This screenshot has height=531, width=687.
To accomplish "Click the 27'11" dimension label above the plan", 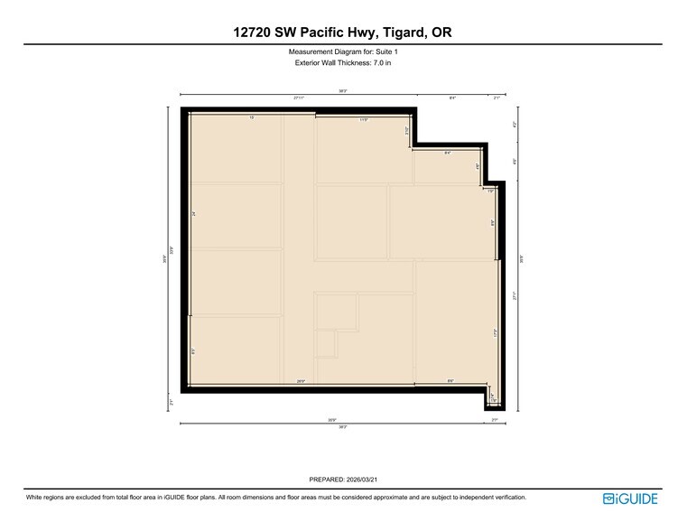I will pos(298,98).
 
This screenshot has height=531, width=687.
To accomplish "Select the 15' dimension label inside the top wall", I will pos(252,118).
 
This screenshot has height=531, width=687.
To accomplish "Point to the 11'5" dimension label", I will pos(364,118).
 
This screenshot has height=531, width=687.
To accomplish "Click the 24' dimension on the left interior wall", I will pos(193,214).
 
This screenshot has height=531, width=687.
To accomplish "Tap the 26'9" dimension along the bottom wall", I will pos(301,382).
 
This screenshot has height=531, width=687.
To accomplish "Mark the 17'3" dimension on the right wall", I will pos(496,332).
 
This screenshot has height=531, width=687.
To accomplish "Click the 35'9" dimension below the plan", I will pos(332,419).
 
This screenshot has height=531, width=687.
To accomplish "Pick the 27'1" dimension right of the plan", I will pos(515,295).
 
